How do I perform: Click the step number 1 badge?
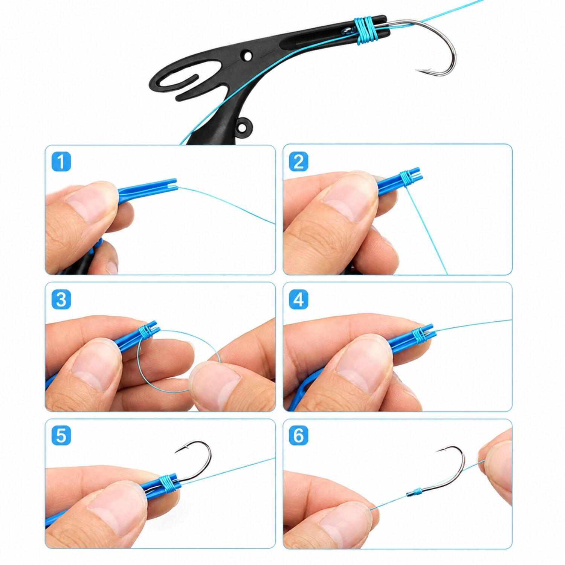pos(61,162)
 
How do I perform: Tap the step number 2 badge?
pos(298,162)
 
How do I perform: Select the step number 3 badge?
pos(61,299)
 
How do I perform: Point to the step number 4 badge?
pos(298,299)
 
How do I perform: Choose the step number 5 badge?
pos(61,435)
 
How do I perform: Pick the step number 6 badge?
pos(298,435)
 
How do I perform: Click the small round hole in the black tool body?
pos(247,56)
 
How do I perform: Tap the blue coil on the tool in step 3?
pos(144,331)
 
